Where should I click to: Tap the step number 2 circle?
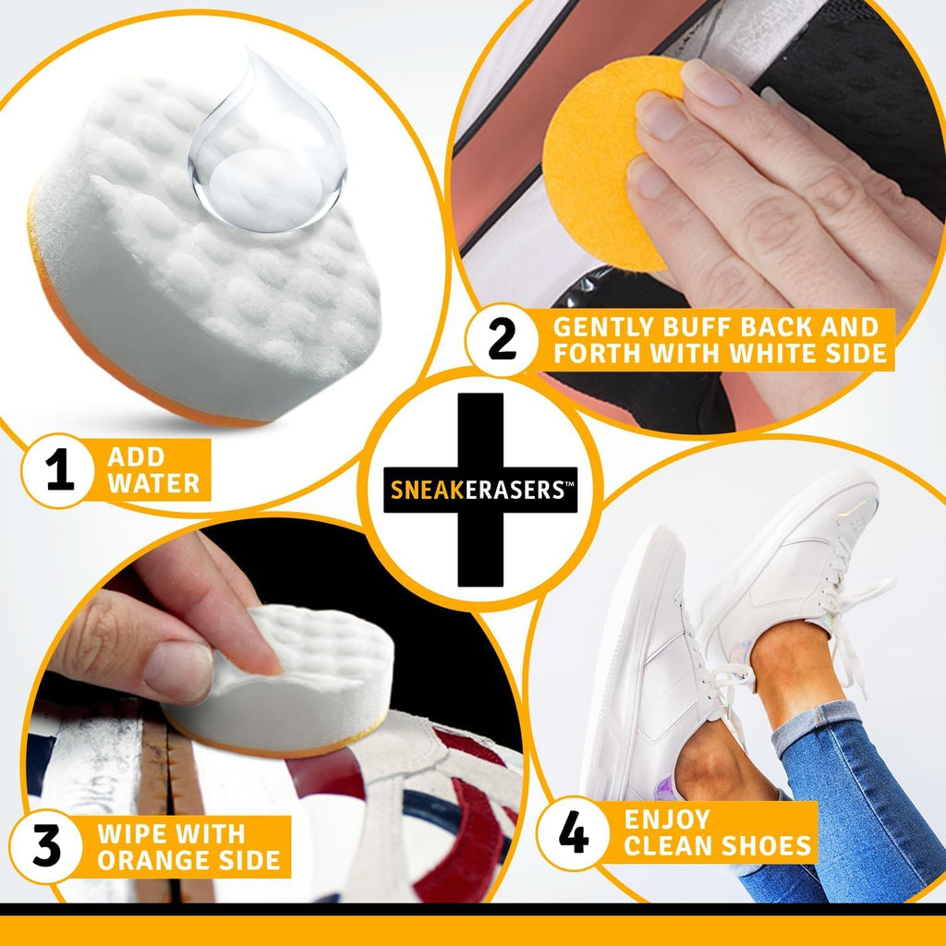pos(502,340)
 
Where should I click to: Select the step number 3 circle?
pos(46,846)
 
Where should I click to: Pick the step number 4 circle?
pos(575,833)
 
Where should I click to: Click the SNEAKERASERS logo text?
pos(479,491)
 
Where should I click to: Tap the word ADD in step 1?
pos(135,456)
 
